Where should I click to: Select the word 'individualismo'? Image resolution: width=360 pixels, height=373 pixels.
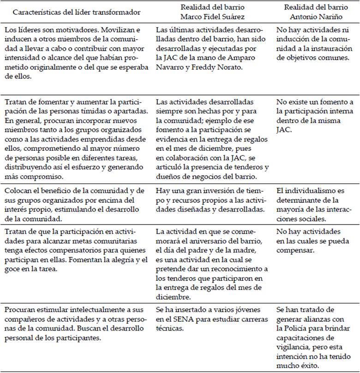pyautogui.click(x=309, y=190)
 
